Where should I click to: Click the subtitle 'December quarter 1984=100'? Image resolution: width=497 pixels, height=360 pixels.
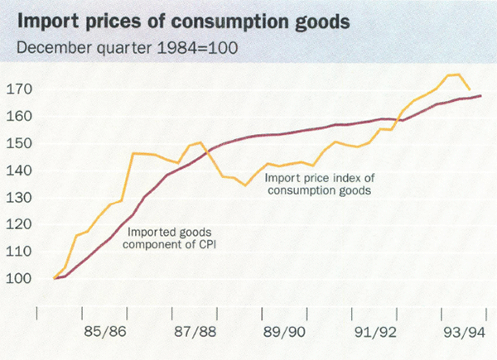[123, 47]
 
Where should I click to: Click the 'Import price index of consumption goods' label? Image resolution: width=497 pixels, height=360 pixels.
[316, 183]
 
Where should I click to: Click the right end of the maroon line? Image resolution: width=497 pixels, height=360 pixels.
[482, 96]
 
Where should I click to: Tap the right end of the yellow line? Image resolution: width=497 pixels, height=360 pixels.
[470, 89]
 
